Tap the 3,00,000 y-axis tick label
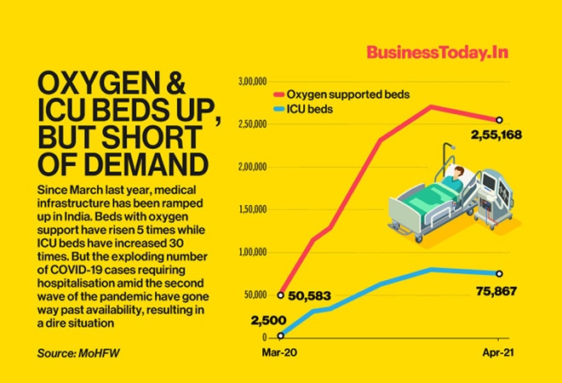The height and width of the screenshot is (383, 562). [x=252, y=83]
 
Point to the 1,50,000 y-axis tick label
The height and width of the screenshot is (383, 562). [x=252, y=209]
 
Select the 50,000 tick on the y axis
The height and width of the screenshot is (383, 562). [x=255, y=294]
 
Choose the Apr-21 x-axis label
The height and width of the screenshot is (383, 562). [x=499, y=350]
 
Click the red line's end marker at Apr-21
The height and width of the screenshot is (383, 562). [x=499, y=120]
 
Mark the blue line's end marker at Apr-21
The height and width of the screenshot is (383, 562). [x=499, y=273]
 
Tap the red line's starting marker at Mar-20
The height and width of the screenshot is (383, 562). [x=281, y=294]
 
